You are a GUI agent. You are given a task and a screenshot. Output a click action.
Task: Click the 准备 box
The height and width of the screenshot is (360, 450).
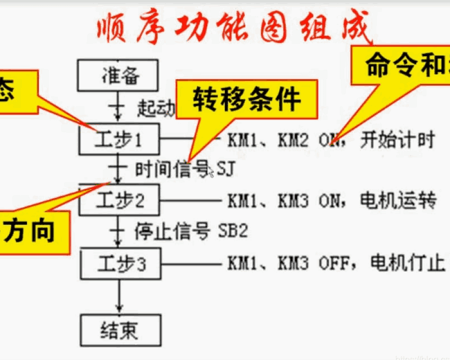pyautogui.click(x=119, y=75)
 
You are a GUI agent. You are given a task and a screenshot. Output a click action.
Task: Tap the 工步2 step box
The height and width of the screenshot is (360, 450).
pyautogui.click(x=119, y=201)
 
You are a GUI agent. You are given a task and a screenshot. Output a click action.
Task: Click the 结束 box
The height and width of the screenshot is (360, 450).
pyautogui.click(x=119, y=331)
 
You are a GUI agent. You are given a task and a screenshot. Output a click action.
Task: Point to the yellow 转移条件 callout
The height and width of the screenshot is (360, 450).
pyautogui.click(x=247, y=100)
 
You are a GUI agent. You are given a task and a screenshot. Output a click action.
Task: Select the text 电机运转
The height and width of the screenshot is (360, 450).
pyautogui.click(x=398, y=201)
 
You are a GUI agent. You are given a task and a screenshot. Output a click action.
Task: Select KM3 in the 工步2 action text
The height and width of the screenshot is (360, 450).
pyautogui.click(x=293, y=201)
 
